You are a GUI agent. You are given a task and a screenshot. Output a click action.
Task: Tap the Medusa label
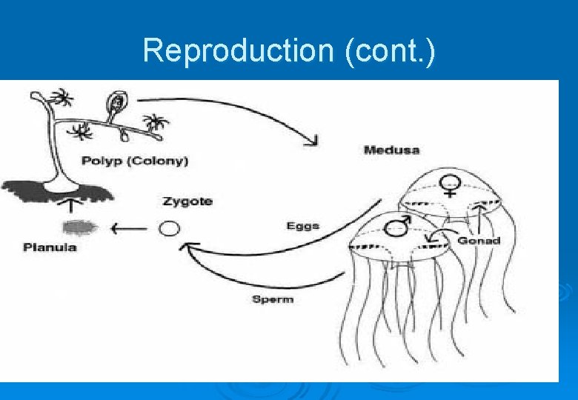[391, 150]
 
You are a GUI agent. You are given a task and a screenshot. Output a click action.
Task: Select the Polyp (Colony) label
[135, 161]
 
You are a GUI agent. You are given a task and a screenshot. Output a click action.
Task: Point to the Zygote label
[187, 201]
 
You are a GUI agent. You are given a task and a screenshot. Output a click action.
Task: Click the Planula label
[50, 247]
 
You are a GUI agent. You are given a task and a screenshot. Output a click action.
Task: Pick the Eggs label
[302, 225]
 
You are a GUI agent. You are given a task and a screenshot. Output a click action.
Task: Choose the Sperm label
[273, 299]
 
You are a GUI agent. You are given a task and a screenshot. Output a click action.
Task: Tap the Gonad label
[479, 240]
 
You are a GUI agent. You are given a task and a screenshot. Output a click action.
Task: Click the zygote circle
[170, 228]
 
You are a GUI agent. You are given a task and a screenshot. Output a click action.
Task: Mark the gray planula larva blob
[74, 227]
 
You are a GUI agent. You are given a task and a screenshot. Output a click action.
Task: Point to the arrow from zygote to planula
[127, 228]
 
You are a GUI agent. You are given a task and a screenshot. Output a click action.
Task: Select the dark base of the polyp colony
[59, 191]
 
